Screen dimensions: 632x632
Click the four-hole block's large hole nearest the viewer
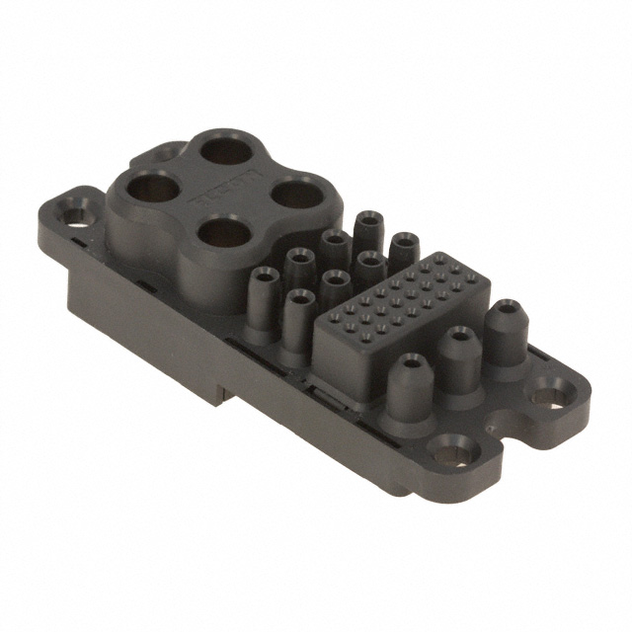click(226, 233)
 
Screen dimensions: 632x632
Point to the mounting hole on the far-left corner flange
click(72, 211)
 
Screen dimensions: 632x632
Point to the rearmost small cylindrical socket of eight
click(370, 219)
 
